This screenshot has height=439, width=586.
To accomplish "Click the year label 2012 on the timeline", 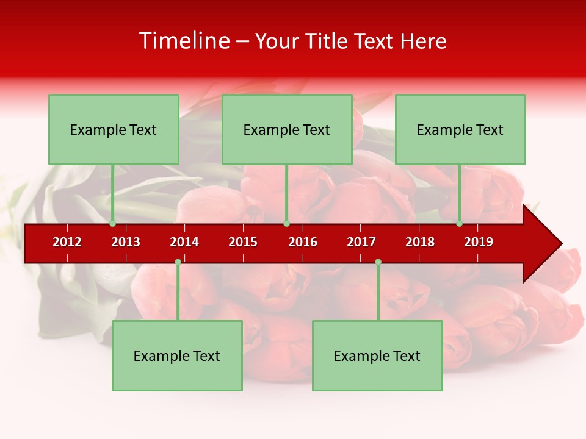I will (67, 242).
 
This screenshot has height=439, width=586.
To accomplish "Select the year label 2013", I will (126, 242).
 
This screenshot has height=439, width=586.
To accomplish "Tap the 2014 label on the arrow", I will (184, 242).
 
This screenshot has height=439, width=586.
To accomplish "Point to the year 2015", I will (243, 242).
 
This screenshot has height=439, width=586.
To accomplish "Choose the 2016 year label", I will (303, 242).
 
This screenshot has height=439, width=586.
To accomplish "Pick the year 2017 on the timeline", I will (361, 242).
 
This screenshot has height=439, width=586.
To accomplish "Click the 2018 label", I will (420, 242).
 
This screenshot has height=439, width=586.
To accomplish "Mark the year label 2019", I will (479, 242).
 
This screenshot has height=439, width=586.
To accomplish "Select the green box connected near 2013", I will (114, 129).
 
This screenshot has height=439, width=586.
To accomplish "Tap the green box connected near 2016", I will (287, 129).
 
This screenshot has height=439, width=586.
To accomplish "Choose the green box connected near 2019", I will (460, 129).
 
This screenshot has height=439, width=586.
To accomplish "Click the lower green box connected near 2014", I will (177, 355).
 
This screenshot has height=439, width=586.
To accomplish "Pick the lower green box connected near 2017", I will (377, 355).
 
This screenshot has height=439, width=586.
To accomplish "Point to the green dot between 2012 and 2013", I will (113, 224).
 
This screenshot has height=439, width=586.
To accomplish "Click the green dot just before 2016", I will (286, 224).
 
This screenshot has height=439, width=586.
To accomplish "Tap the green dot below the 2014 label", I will (178, 262).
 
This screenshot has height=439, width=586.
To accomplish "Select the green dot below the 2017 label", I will (378, 262).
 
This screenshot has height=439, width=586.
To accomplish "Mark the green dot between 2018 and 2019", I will (460, 224).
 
